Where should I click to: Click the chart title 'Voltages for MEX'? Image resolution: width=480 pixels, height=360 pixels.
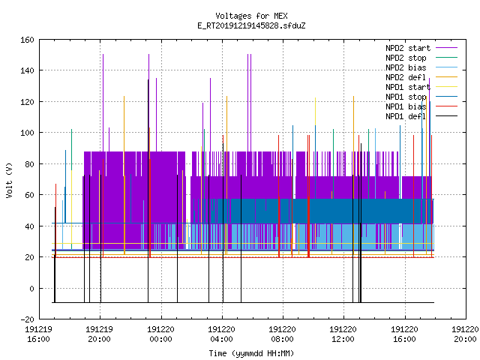251,16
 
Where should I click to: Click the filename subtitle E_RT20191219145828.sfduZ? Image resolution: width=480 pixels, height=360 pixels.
251,25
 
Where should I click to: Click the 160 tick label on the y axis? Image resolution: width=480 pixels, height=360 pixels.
27,40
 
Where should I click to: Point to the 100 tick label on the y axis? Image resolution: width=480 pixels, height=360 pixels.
27,133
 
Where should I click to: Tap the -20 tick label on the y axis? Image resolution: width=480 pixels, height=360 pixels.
27,319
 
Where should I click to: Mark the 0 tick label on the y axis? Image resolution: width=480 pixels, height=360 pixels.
31,288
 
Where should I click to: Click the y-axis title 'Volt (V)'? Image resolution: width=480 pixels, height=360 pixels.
9,180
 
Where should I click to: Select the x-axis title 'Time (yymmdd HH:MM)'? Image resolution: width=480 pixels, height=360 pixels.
251,353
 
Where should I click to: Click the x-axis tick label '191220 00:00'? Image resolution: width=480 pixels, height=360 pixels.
160,334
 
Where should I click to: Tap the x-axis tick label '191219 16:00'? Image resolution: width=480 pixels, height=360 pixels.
38,334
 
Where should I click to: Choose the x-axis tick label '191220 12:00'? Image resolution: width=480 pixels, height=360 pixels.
343,334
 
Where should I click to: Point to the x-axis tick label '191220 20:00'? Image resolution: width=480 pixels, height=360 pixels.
465,334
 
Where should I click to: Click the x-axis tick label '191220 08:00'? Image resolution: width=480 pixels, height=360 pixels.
282,334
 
